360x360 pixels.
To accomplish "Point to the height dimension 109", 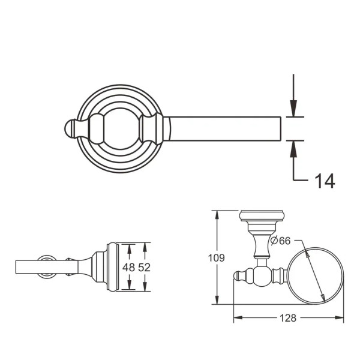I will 217,258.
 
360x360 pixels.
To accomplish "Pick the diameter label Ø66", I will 280,240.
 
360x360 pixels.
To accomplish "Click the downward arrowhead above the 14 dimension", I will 292,111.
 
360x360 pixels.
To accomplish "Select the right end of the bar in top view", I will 280,128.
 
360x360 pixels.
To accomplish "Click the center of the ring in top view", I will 122,128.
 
